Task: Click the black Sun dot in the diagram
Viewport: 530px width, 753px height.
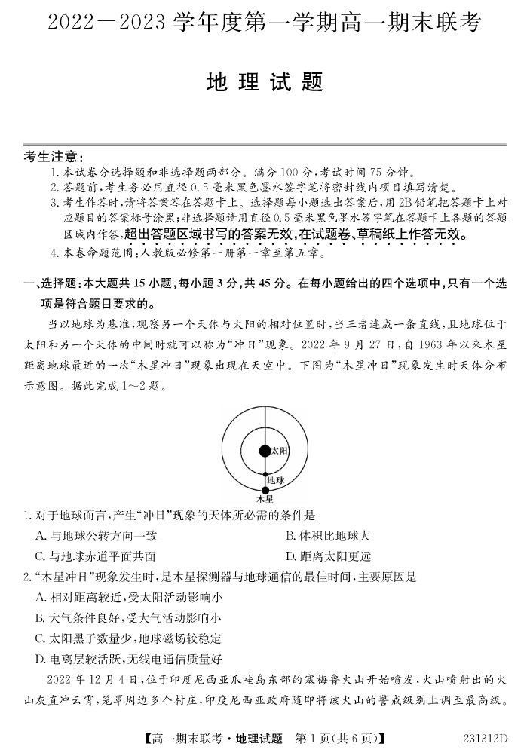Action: click(x=264, y=451)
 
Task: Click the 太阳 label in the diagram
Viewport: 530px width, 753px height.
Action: click(x=279, y=451)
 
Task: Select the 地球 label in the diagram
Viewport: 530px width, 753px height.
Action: click(x=275, y=479)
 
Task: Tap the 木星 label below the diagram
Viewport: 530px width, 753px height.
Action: click(x=264, y=499)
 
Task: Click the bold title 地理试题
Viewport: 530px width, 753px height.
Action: click(x=265, y=82)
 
